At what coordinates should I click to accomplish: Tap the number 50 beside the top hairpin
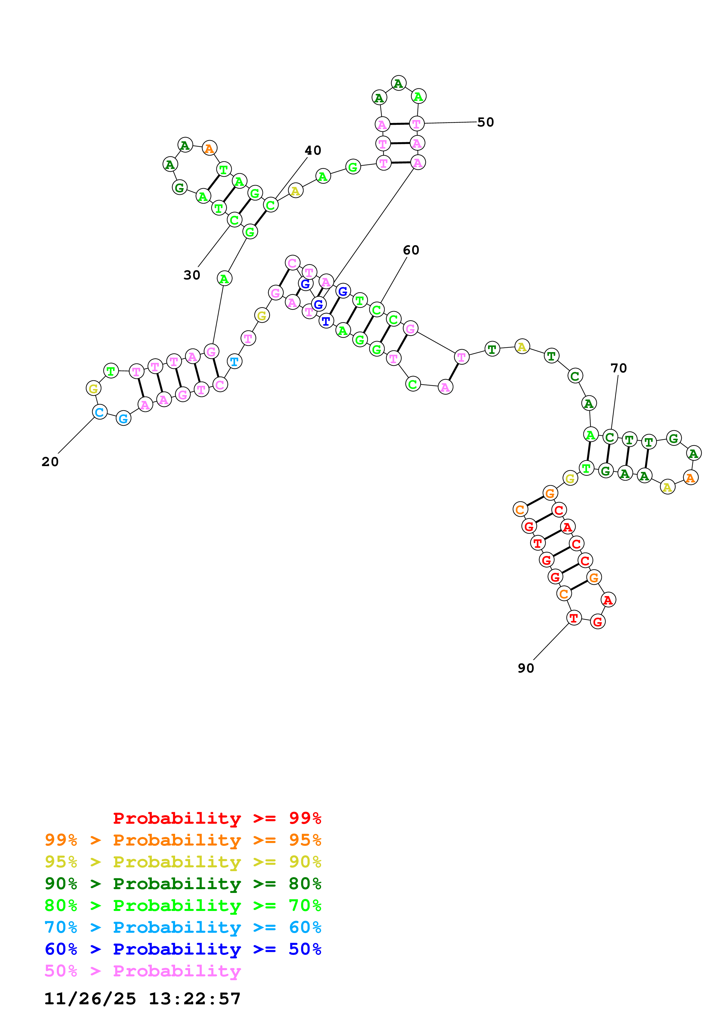click(x=485, y=122)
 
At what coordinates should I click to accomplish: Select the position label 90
click(x=526, y=668)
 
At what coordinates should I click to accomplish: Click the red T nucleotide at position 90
click(x=574, y=618)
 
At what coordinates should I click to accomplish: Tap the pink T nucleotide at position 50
click(x=416, y=124)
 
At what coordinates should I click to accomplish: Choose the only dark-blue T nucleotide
click(x=326, y=320)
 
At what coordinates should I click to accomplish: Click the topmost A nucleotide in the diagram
click(x=398, y=83)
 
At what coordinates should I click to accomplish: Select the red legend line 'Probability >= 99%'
click(x=217, y=818)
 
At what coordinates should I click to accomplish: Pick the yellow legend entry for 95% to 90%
click(x=183, y=862)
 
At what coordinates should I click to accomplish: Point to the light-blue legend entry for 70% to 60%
click(x=183, y=927)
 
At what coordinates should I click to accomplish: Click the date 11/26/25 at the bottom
click(x=90, y=999)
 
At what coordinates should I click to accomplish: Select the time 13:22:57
click(x=195, y=999)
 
